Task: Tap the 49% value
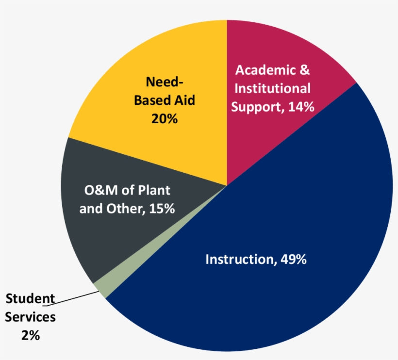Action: point(293,259)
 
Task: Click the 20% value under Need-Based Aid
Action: point(164,118)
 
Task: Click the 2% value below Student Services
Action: point(30,335)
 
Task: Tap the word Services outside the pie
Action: point(30,317)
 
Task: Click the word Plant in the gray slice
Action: point(154,190)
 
